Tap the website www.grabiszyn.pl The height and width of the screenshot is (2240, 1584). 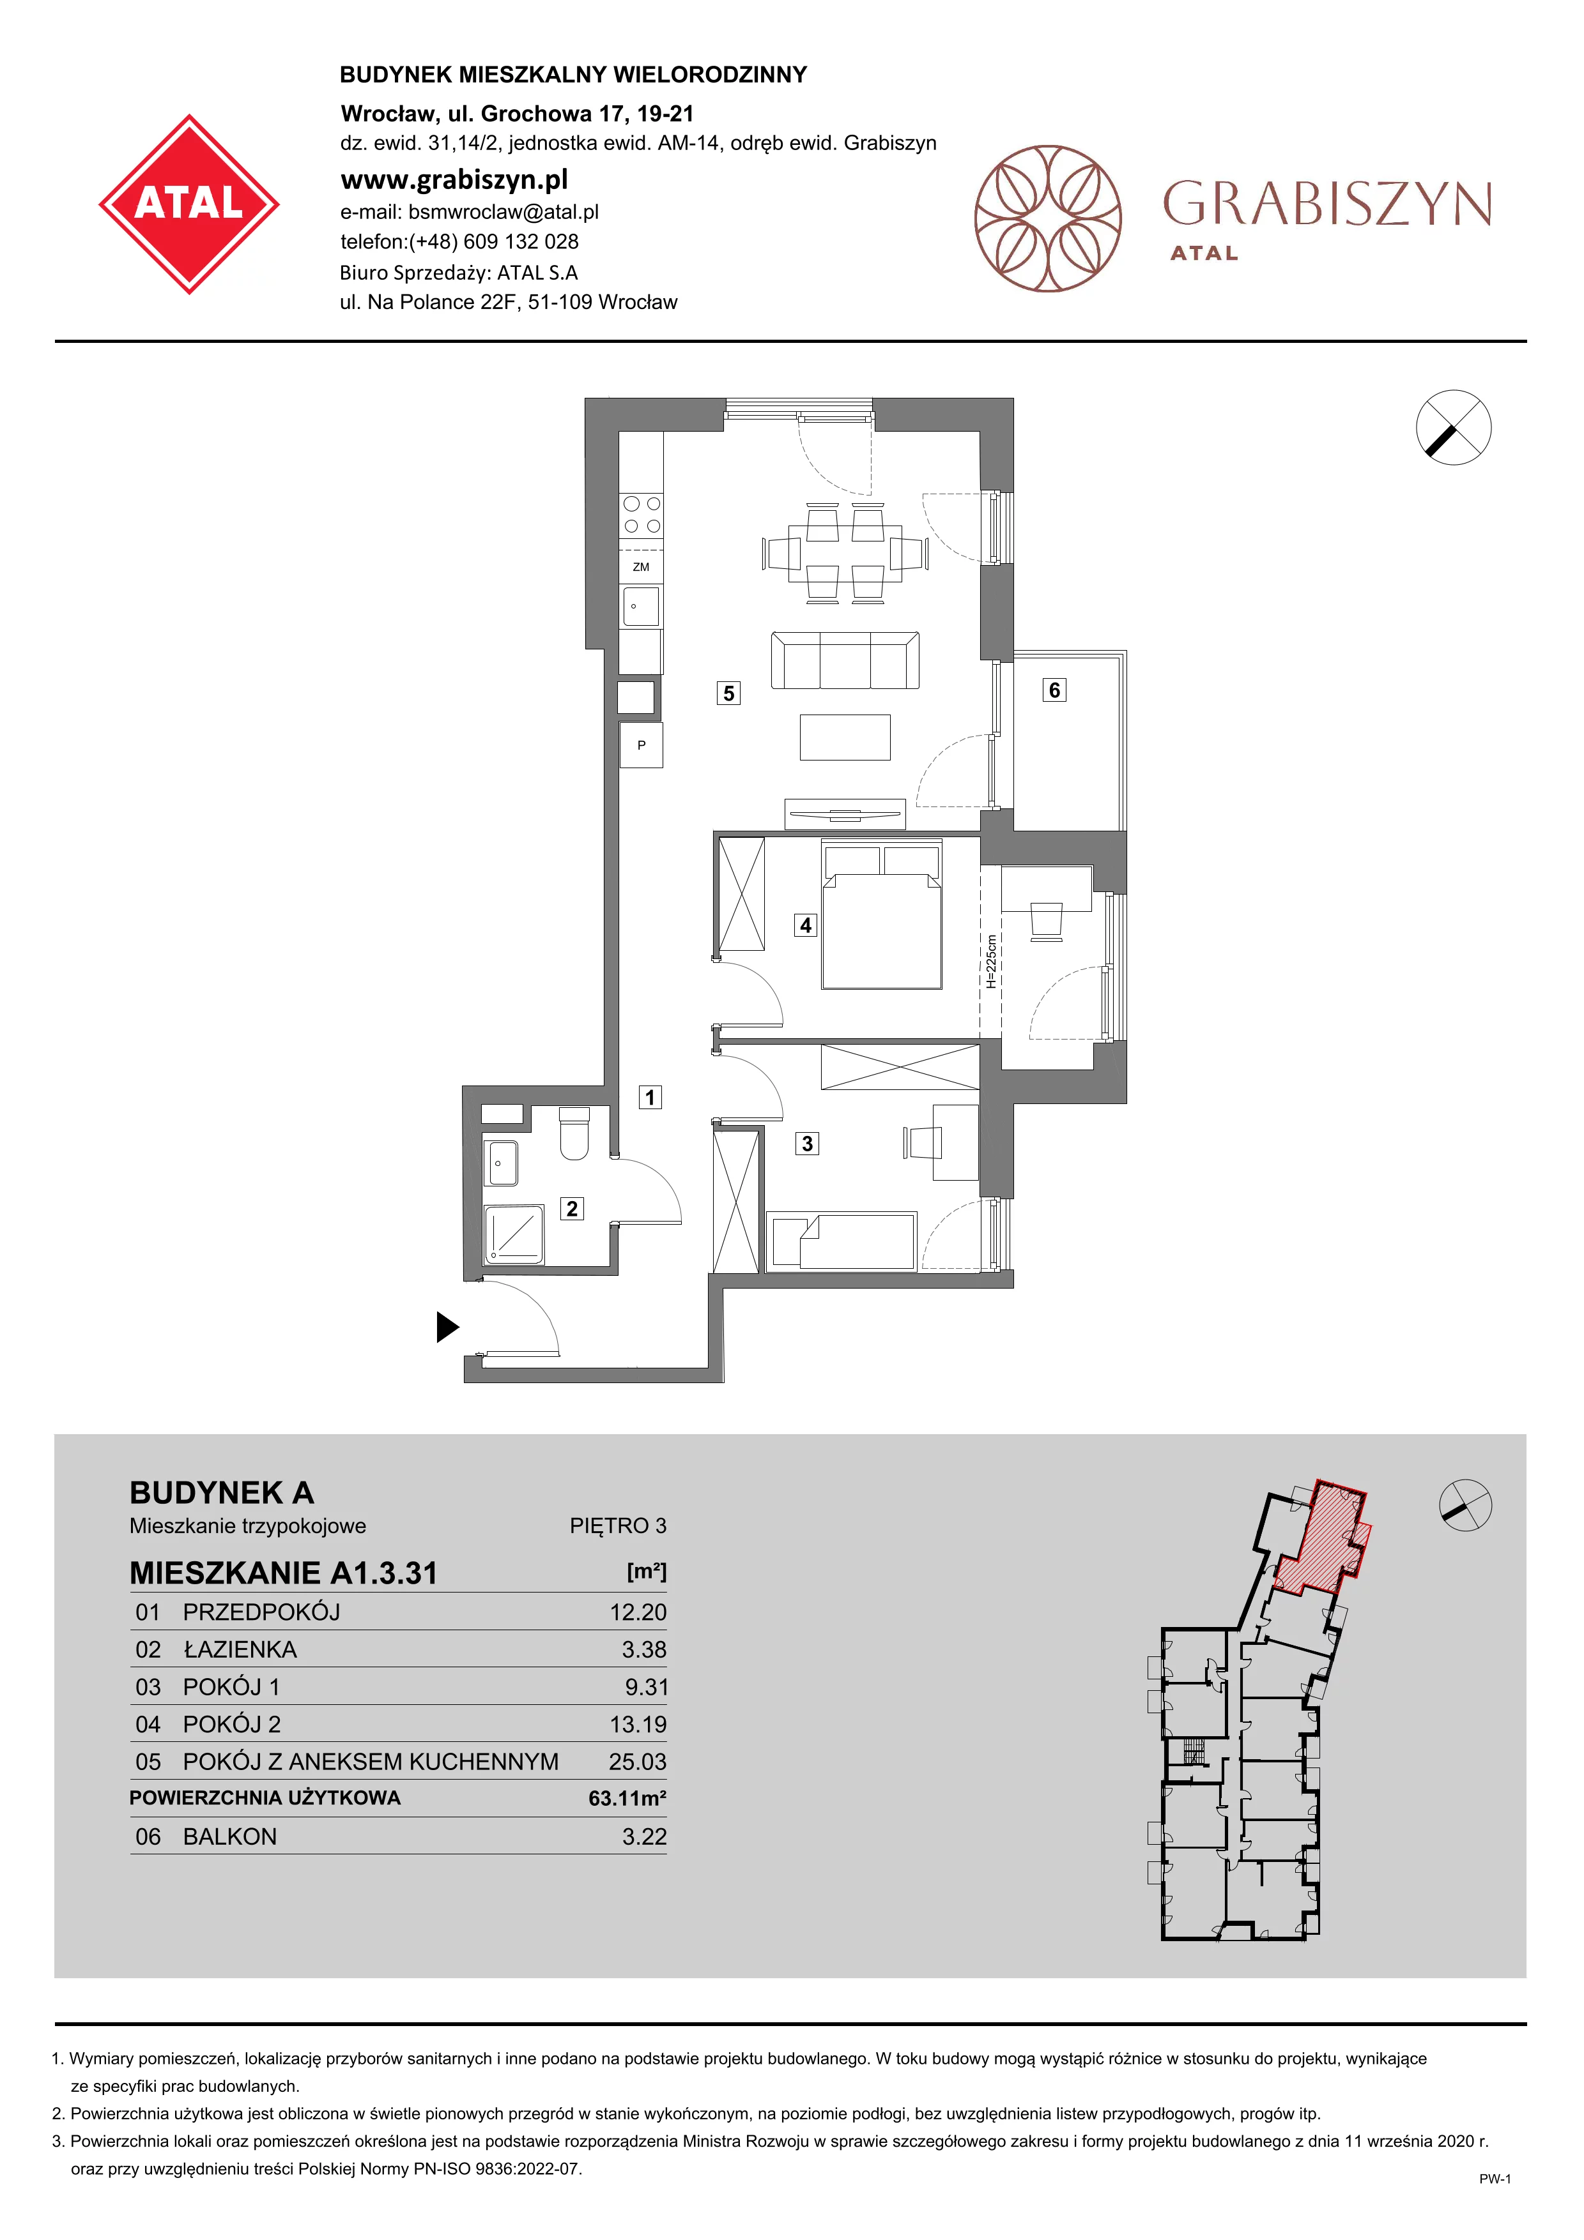pyautogui.click(x=454, y=179)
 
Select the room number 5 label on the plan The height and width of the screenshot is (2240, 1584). pyautogui.click(x=728, y=693)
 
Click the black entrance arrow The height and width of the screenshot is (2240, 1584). pyautogui.click(x=448, y=1327)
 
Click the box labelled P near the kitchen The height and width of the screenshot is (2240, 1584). pyautogui.click(x=642, y=745)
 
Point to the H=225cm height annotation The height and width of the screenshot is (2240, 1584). pyautogui.click(x=990, y=962)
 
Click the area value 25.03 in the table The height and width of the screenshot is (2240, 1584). pyautogui.click(x=637, y=1762)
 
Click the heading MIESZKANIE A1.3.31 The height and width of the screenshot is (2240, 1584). pyautogui.click(x=284, y=1573)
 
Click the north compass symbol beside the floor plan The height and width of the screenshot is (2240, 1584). pyautogui.click(x=1453, y=427)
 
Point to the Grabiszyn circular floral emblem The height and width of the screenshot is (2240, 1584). pyautogui.click(x=1048, y=218)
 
